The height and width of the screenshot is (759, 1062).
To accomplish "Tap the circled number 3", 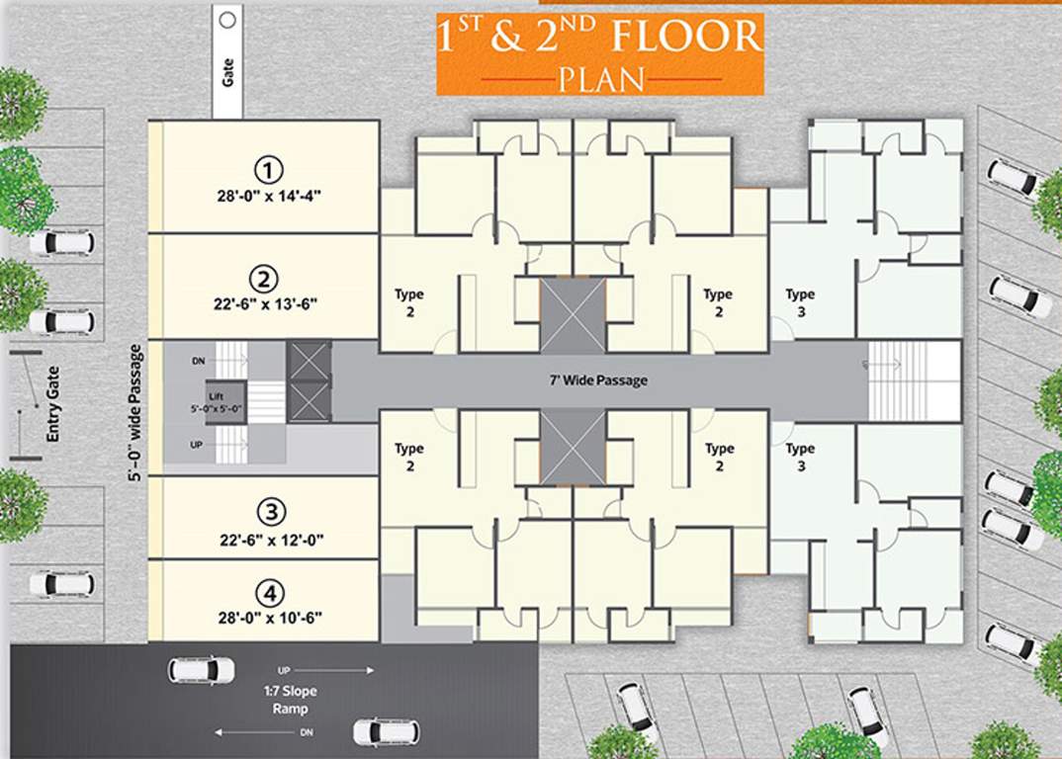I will point(270,512).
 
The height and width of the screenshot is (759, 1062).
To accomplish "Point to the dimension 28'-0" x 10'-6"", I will point(270,619).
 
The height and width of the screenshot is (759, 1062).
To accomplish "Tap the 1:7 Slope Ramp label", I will point(291,701).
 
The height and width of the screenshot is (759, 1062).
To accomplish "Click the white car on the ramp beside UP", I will point(202,670).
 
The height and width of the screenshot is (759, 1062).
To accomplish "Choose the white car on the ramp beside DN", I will point(387,732).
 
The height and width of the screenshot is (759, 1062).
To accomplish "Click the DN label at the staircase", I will point(198,362).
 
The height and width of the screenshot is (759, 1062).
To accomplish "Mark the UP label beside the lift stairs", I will point(197,446).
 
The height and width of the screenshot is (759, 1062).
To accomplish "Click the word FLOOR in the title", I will point(685,37).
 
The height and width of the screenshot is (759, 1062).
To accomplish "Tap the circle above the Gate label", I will point(227,18).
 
